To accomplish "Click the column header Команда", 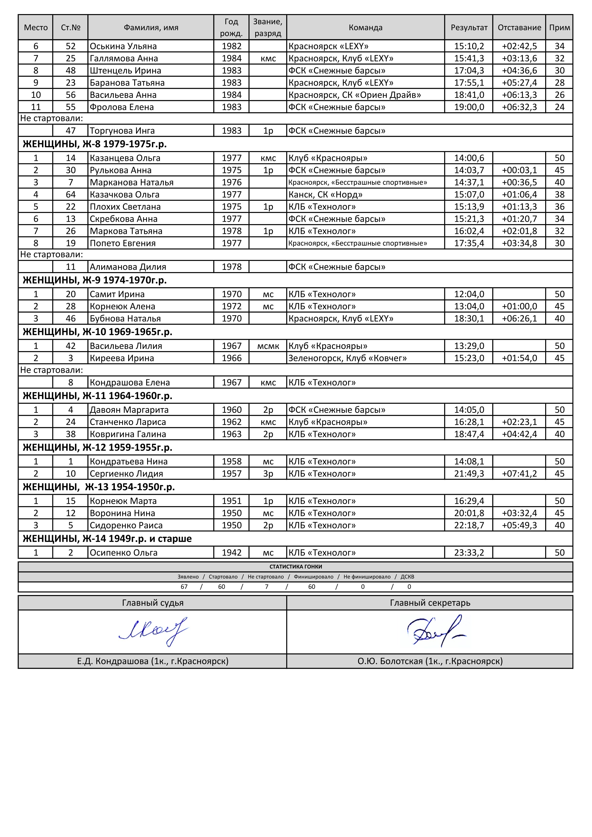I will [x=365, y=28].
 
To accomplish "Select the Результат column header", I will [x=469, y=28].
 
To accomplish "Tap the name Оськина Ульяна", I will [x=123, y=46].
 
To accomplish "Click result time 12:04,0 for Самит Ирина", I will [x=469, y=294].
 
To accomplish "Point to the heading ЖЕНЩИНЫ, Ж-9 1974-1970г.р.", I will [x=95, y=280].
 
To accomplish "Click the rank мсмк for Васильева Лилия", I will [x=268, y=346].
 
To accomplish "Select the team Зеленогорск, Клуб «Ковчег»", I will [x=347, y=358].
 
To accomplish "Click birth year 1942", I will [x=232, y=553].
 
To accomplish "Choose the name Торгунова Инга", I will [x=122, y=131].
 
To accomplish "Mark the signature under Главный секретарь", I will [x=436, y=632].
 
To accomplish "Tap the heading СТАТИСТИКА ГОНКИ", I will [x=296, y=567].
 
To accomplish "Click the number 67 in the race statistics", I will [x=184, y=587].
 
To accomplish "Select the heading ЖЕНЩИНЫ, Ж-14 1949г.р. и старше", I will [x=107, y=539].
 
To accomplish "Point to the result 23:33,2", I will [x=469, y=553].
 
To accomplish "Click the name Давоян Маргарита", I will [x=129, y=410].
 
